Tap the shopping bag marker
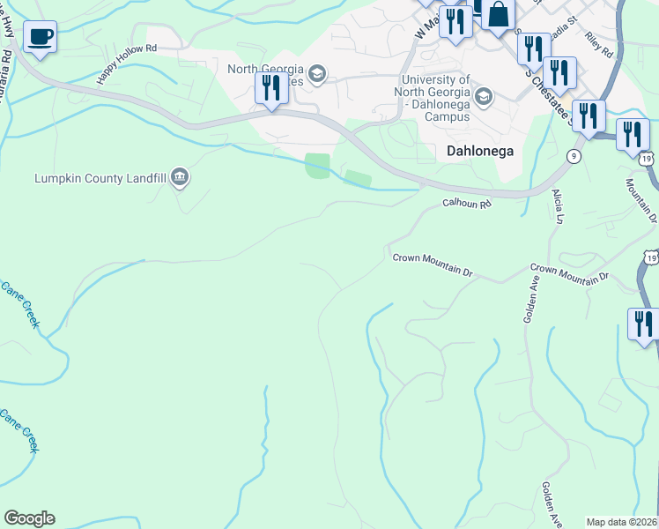tap(498, 15)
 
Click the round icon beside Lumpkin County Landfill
tap(180, 178)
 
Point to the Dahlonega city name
tap(480, 150)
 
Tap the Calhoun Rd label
tap(466, 203)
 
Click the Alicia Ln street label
tap(557, 205)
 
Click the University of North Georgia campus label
tap(432, 97)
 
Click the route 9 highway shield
tap(574, 156)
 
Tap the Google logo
tap(29, 518)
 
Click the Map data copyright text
tap(621, 522)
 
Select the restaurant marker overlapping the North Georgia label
tap(271, 88)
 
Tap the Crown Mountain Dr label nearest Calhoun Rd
tap(433, 264)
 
